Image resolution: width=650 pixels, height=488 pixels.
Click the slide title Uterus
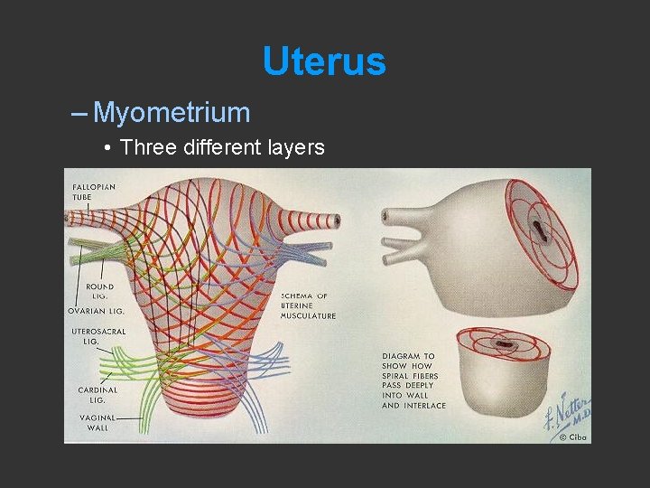324,61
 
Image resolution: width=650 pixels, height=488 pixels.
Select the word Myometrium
172,113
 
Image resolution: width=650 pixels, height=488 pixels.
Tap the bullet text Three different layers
222,146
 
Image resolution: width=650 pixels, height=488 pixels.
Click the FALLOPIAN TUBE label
93,192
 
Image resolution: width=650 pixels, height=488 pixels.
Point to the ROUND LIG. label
100,292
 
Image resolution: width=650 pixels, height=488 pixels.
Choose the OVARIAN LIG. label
97,310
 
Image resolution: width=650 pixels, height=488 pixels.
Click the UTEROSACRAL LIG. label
98,337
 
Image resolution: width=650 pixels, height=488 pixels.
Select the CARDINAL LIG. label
97,394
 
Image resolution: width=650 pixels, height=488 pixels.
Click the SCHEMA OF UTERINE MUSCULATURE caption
308,305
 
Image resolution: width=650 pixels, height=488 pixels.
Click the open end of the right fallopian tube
336,220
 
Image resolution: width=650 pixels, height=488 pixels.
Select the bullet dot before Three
107,147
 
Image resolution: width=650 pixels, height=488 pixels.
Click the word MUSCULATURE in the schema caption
308,315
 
